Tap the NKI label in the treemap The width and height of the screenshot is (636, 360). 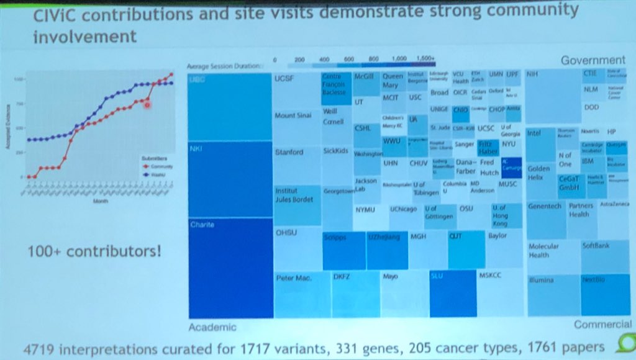(x=195, y=150)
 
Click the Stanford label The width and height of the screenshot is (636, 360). (x=289, y=152)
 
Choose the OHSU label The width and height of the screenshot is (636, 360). (x=284, y=232)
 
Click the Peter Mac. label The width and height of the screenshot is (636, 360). (x=293, y=277)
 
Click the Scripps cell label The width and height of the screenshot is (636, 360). (x=336, y=237)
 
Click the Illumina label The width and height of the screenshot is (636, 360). (x=541, y=280)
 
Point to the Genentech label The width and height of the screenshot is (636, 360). (x=545, y=205)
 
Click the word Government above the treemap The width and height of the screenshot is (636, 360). (x=593, y=60)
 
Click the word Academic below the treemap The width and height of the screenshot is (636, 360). (x=214, y=326)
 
